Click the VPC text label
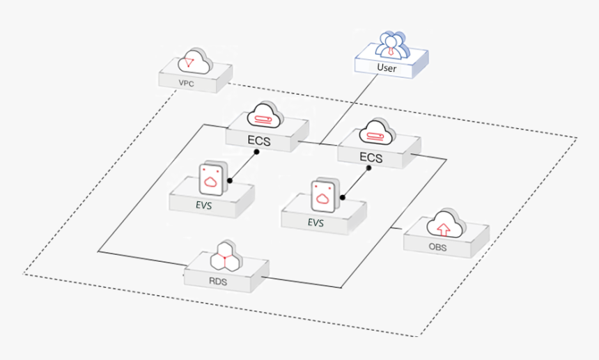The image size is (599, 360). point(186,84)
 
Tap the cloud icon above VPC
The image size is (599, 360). point(194,62)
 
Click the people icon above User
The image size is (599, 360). point(393,44)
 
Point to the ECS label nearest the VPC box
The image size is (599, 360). point(259,141)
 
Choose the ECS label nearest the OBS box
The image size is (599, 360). point(371,157)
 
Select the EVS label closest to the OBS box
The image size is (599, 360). point(316,223)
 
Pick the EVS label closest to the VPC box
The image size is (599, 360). point(203,205)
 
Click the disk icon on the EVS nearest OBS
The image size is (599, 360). point(322,196)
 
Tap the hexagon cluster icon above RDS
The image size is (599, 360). point(226,257)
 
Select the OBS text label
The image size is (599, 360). point(437,246)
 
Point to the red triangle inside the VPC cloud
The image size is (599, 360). point(187,63)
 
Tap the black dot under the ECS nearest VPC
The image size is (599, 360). point(256,151)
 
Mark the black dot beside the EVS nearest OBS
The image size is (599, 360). point(342,198)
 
